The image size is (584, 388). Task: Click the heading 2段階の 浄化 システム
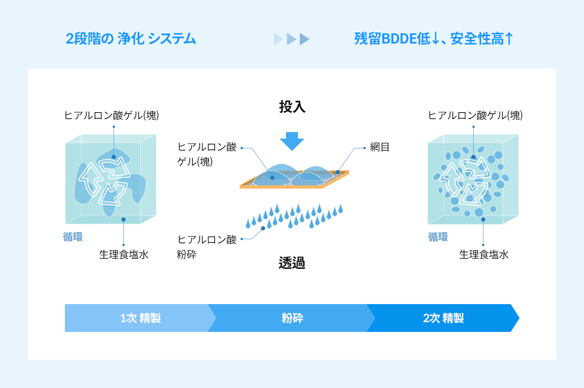131,38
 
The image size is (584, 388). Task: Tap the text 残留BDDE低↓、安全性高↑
433,38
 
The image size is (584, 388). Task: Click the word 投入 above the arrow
292,107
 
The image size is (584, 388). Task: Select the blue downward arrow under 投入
292,141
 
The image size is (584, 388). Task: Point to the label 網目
380,147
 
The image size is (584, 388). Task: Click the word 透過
292,262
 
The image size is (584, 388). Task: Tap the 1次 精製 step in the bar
140,318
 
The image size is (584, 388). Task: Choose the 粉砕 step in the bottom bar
292,318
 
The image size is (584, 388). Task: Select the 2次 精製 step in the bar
443,318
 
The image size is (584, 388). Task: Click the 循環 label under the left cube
73,237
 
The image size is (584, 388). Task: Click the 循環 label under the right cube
438,237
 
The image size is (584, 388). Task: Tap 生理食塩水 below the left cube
124,254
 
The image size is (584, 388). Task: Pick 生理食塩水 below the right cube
484,254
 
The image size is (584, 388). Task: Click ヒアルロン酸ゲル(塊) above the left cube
111,115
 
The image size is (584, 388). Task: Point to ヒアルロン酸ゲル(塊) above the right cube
475,115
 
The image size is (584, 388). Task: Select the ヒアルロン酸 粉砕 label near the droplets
207,247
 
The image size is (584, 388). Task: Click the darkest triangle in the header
305,39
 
